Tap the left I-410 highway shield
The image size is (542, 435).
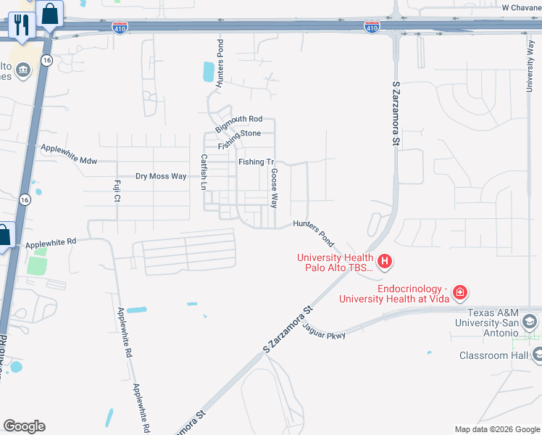[x=120, y=28]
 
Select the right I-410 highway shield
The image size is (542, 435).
[x=372, y=28]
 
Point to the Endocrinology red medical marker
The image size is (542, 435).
[x=459, y=292]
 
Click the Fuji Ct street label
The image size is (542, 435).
[x=116, y=192]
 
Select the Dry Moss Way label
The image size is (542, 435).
[x=161, y=176]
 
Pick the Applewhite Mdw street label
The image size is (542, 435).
[x=69, y=154]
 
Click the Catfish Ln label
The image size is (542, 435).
[x=204, y=172]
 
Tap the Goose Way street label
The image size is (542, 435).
[x=274, y=188]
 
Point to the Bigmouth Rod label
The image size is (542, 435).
[x=238, y=119]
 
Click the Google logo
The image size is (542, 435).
[x=23, y=426]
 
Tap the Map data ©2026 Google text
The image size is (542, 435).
[x=496, y=429]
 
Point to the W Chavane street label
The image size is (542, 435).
[x=521, y=7]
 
